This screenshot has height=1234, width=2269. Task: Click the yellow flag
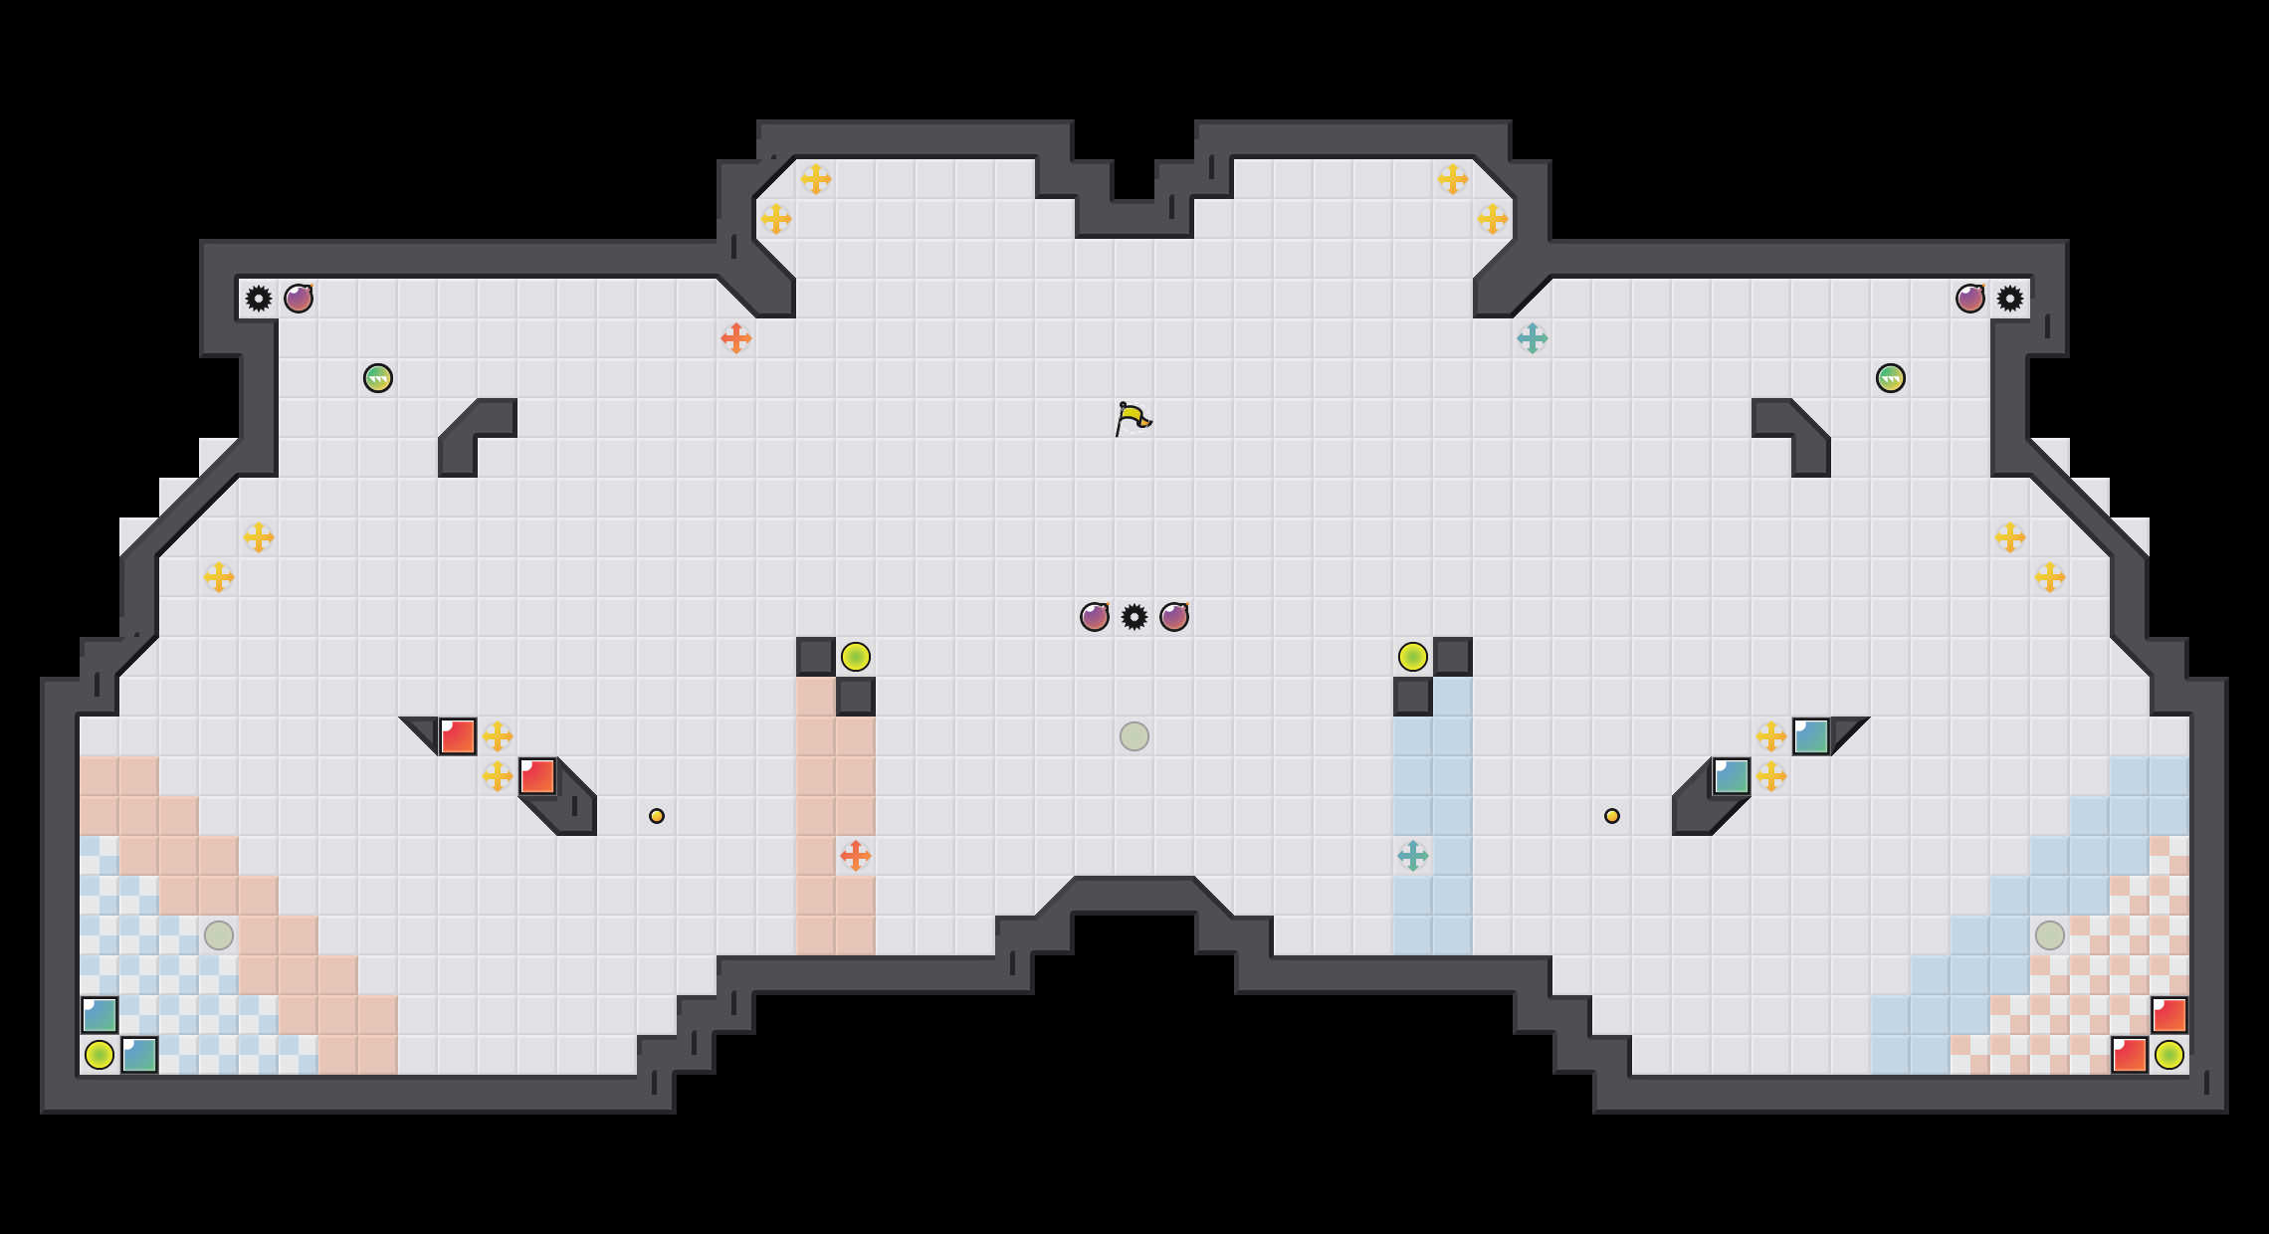[1133, 418]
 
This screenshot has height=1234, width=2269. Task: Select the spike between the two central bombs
[1134, 617]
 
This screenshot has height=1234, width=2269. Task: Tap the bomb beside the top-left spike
[299, 299]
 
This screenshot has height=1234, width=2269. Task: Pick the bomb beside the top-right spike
[1970, 299]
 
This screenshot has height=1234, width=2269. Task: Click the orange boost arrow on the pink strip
[856, 856]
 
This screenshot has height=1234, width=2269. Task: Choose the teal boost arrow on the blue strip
[1413, 856]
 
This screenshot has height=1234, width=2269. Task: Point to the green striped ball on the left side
[378, 378]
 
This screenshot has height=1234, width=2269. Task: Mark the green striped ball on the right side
[1891, 378]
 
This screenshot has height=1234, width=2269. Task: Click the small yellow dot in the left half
[657, 816]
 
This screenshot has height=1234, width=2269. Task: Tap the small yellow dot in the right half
[1612, 816]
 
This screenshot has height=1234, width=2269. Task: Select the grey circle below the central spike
[1134, 736]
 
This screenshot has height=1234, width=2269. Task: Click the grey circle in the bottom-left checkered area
[219, 935]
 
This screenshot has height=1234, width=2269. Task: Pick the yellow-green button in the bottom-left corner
[100, 1055]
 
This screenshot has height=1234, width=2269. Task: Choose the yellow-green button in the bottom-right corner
[2169, 1055]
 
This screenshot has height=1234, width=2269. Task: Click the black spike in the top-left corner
[259, 299]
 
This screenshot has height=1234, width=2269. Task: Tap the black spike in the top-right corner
[2010, 299]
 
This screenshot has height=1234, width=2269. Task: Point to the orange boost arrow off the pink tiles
[736, 338]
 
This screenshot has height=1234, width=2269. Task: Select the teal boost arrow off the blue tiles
[1533, 338]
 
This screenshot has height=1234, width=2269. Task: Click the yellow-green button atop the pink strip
[856, 657]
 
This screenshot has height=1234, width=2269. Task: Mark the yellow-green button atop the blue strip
[1413, 657]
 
